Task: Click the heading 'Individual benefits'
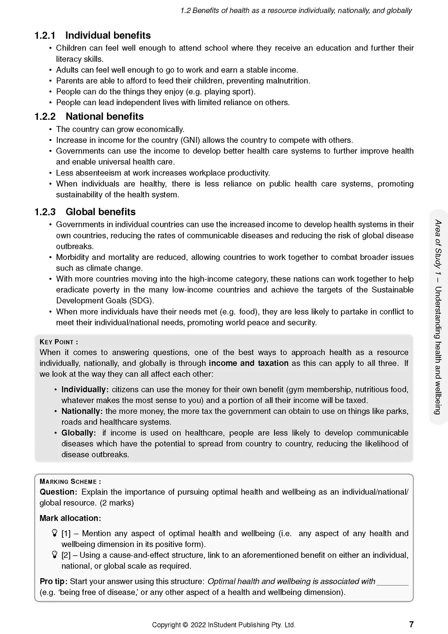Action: pyautogui.click(x=108, y=35)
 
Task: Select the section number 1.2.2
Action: pyautogui.click(x=45, y=117)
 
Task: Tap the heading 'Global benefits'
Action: pyautogui.click(x=101, y=212)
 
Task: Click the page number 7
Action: pyautogui.click(x=411, y=624)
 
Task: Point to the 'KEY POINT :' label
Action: pyautogui.click(x=59, y=342)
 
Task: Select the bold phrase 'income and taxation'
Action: pyautogui.click(x=248, y=363)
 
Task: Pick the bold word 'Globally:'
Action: pyautogui.click(x=79, y=433)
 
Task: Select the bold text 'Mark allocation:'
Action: pyautogui.click(x=70, y=518)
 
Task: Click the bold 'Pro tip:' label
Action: pyautogui.click(x=53, y=581)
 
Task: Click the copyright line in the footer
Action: pyautogui.click(x=224, y=625)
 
